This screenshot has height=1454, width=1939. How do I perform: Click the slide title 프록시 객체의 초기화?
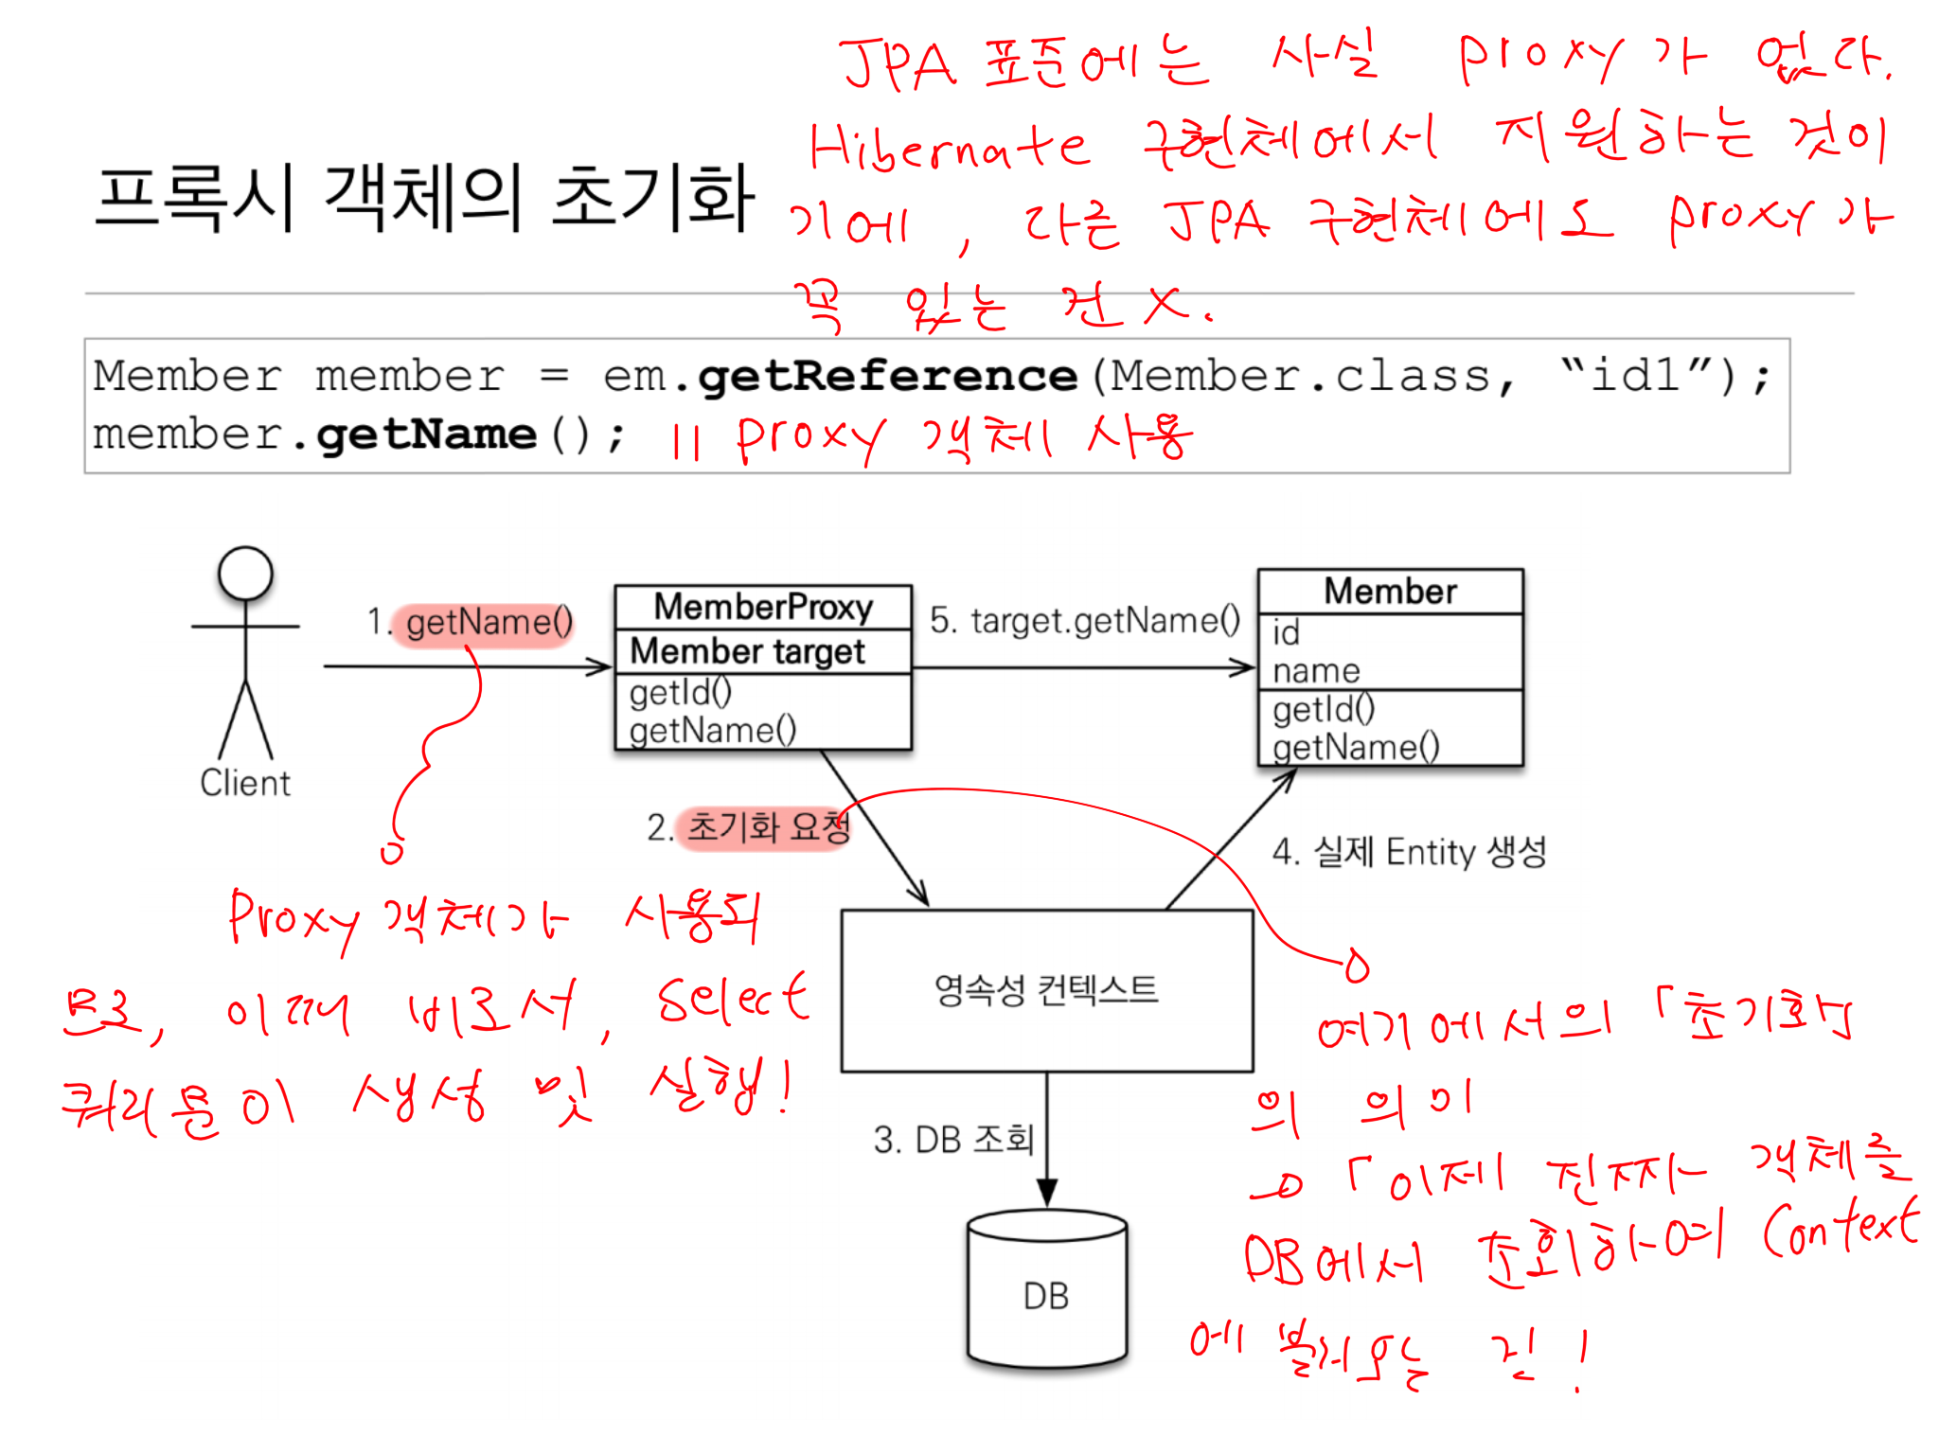point(425,198)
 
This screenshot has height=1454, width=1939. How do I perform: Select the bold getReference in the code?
point(887,377)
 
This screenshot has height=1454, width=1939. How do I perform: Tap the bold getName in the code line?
point(426,434)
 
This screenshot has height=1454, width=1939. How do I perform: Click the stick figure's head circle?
point(245,574)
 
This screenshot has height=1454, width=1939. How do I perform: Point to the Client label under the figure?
point(245,784)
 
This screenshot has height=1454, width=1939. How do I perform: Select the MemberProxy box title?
point(763,607)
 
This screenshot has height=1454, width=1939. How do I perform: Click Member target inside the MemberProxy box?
point(748,651)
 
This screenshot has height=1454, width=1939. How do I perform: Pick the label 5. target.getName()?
point(1085,621)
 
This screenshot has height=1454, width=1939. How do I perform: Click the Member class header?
point(1390,592)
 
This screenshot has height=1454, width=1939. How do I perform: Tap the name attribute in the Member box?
point(1316,671)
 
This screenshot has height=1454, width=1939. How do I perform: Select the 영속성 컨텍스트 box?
point(1046,990)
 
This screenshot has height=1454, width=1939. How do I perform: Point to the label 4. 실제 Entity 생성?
point(1409,852)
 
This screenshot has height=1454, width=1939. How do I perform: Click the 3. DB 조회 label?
point(953,1140)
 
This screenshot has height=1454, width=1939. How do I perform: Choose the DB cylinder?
point(1046,1292)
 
